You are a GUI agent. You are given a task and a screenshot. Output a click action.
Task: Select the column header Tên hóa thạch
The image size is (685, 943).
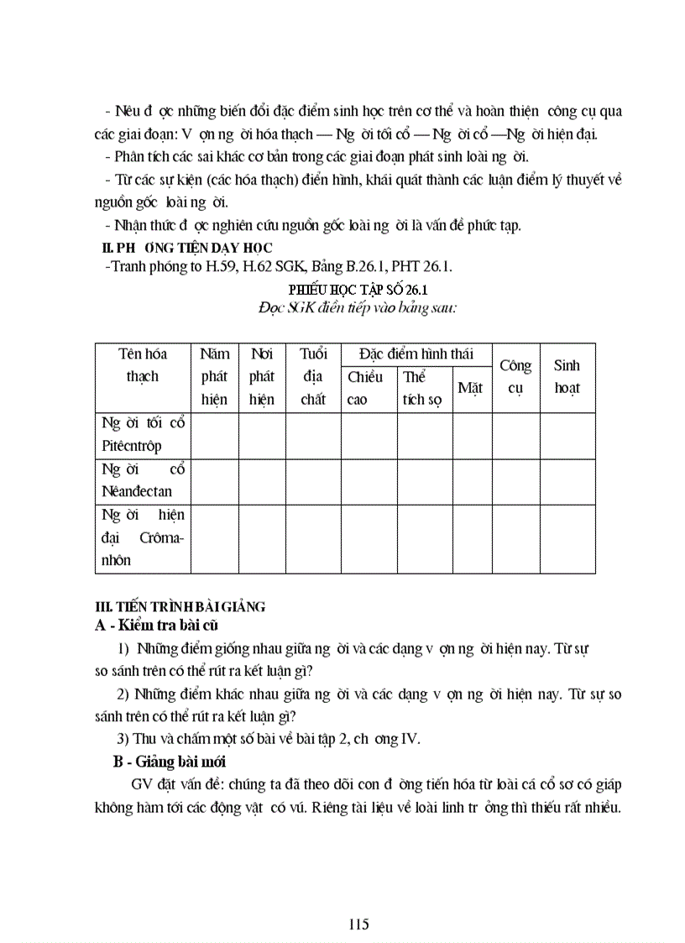[143, 365]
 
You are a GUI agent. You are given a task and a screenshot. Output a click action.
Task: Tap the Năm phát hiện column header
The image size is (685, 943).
[214, 377]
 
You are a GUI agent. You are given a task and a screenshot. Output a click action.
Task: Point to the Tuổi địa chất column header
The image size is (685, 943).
[313, 377]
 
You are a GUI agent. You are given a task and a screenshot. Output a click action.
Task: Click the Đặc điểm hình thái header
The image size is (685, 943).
[416, 354]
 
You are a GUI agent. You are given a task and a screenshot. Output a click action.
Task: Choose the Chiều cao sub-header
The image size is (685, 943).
[364, 388]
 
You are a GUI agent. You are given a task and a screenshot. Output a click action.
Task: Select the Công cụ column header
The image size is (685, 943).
[515, 377]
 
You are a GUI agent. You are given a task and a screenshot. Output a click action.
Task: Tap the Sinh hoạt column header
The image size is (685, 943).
[567, 377]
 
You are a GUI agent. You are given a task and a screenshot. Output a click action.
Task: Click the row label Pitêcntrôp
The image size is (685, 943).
[131, 446]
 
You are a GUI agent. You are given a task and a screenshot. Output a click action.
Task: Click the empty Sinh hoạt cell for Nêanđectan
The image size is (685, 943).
[567, 481]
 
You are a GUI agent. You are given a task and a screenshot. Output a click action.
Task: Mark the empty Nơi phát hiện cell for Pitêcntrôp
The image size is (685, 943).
[262, 435]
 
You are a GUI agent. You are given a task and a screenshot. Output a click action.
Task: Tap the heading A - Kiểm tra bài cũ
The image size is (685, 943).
[159, 625]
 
